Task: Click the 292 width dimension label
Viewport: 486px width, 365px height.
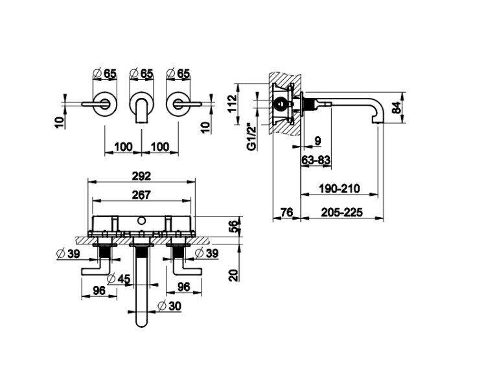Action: coord(141,176)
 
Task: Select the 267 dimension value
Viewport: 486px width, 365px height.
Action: coord(141,194)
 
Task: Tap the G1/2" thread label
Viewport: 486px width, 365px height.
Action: coord(252,137)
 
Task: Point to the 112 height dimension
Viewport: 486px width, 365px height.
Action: coord(233,103)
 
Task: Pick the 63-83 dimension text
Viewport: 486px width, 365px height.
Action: coord(316,160)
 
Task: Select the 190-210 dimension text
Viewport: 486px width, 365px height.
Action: coord(340,188)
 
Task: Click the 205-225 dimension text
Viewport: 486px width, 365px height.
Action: coord(341,213)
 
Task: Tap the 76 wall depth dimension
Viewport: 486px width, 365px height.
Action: coord(286,213)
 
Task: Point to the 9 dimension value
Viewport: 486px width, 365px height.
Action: coord(318,141)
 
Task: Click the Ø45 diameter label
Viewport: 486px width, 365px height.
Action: coord(118,279)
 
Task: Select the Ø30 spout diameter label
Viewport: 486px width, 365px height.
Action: coord(169,306)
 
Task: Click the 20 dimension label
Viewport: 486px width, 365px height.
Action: coord(235,275)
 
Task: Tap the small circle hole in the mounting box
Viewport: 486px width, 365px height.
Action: coord(142,221)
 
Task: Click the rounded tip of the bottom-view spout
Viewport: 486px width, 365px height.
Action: coord(141,325)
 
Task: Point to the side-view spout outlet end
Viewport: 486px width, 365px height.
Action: coord(379,122)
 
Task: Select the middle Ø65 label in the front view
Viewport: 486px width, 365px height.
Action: coord(141,73)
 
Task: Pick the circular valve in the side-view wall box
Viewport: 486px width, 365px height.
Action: coord(281,104)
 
